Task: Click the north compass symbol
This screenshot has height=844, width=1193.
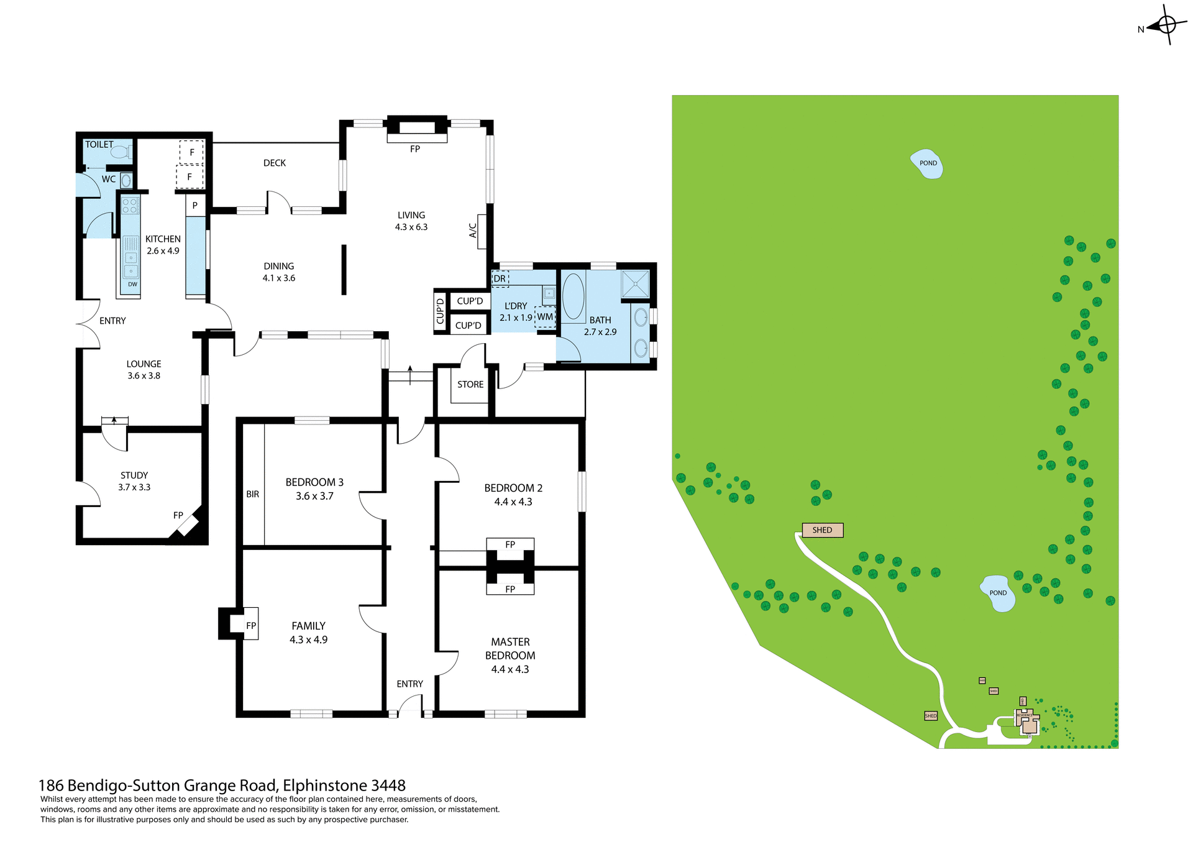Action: click(x=1166, y=25)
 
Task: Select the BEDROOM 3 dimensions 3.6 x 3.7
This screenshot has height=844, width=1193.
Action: click(x=314, y=496)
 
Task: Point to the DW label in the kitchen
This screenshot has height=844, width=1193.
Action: click(x=132, y=285)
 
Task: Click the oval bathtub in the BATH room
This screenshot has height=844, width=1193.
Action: click(x=573, y=296)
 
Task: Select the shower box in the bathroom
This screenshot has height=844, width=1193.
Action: click(x=635, y=283)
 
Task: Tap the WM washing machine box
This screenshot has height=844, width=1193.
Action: click(x=545, y=317)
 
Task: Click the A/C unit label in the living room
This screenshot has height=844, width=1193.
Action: click(x=473, y=231)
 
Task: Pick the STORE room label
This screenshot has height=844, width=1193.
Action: click(x=470, y=385)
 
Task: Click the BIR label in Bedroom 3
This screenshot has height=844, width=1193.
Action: click(x=253, y=494)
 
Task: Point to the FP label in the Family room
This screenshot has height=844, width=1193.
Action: click(x=251, y=626)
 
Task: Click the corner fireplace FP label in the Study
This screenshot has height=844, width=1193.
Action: click(x=178, y=515)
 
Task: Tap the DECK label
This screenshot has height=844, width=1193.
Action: click(x=275, y=163)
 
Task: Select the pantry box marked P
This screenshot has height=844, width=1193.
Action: click(x=195, y=205)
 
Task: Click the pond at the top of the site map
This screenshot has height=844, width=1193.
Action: click(x=927, y=164)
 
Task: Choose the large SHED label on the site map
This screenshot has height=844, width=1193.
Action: click(x=822, y=530)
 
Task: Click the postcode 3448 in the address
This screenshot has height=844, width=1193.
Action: click(x=388, y=786)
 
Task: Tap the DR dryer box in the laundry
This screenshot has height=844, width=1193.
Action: click(x=500, y=278)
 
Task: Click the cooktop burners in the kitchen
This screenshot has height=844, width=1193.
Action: click(x=130, y=206)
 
